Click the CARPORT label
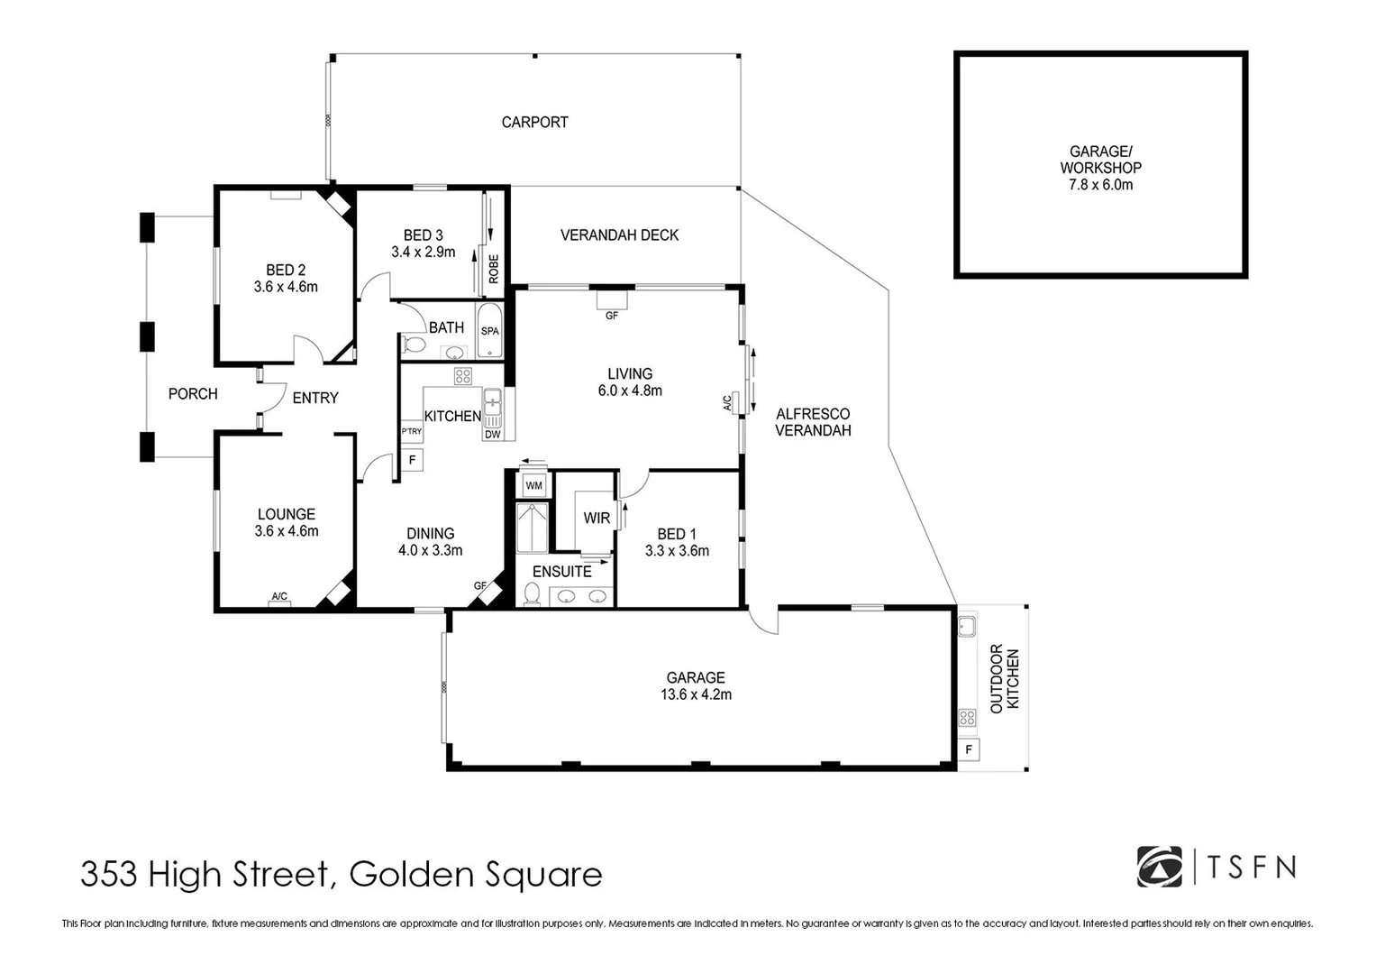pyautogui.click(x=534, y=122)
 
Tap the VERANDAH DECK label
pyautogui.click(x=619, y=235)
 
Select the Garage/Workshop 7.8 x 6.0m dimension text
pyautogui.click(x=1100, y=185)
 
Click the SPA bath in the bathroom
pyautogui.click(x=489, y=331)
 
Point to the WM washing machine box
pyautogui.click(x=533, y=486)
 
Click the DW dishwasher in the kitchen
pyautogui.click(x=492, y=434)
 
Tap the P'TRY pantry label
pyautogui.click(x=411, y=432)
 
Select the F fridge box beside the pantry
pyautogui.click(x=412, y=460)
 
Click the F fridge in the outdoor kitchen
pyautogui.click(x=969, y=749)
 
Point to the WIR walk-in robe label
pyautogui.click(x=597, y=519)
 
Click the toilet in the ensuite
pyautogui.click(x=532, y=594)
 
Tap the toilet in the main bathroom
pyautogui.click(x=414, y=345)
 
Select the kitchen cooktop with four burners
pyautogui.click(x=462, y=376)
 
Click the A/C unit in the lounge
pyautogui.click(x=279, y=597)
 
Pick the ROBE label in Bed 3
pyautogui.click(x=494, y=269)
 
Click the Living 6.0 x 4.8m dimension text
pyautogui.click(x=630, y=391)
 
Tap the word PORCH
pyautogui.click(x=193, y=394)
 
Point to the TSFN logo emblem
pyautogui.click(x=1160, y=867)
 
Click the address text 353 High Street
pyautogui.click(x=207, y=875)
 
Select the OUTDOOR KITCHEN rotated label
pyautogui.click(x=1005, y=678)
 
